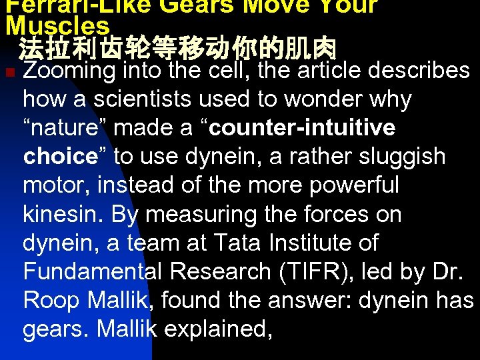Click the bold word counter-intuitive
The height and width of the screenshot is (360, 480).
tap(306, 127)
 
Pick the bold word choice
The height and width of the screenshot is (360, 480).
tap(61, 156)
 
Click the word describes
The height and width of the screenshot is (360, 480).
tap(419, 71)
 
